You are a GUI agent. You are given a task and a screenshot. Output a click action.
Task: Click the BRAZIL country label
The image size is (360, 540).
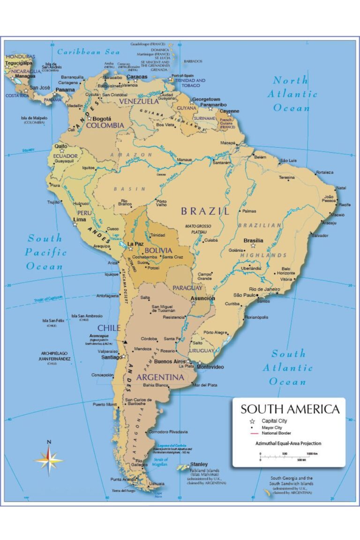click(205, 211)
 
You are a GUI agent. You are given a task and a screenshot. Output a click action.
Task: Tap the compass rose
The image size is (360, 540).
click(49, 460)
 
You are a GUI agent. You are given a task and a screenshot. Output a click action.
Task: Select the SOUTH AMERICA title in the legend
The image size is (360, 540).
click(290, 409)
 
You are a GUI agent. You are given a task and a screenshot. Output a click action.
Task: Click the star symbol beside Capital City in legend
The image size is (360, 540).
click(252, 421)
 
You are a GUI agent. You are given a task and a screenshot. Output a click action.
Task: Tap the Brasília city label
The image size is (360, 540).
click(253, 240)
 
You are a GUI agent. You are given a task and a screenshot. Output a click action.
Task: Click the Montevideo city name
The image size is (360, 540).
click(210, 367)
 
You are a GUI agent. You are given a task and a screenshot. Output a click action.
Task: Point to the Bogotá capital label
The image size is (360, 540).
click(102, 119)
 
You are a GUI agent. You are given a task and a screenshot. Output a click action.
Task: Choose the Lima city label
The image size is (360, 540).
click(79, 219)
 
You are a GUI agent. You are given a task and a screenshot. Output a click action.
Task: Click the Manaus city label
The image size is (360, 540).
click(185, 160)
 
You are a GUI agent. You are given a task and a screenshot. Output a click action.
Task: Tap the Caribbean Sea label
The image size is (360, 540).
click(89, 52)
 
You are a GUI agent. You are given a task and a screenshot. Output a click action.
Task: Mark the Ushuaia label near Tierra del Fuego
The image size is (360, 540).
click(156, 483)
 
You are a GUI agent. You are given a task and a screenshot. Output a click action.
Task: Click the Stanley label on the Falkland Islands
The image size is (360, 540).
click(199, 465)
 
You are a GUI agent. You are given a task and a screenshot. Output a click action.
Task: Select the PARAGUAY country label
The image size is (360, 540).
click(187, 288)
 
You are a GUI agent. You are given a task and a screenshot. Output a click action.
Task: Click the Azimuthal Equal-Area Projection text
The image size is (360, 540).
click(288, 443)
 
